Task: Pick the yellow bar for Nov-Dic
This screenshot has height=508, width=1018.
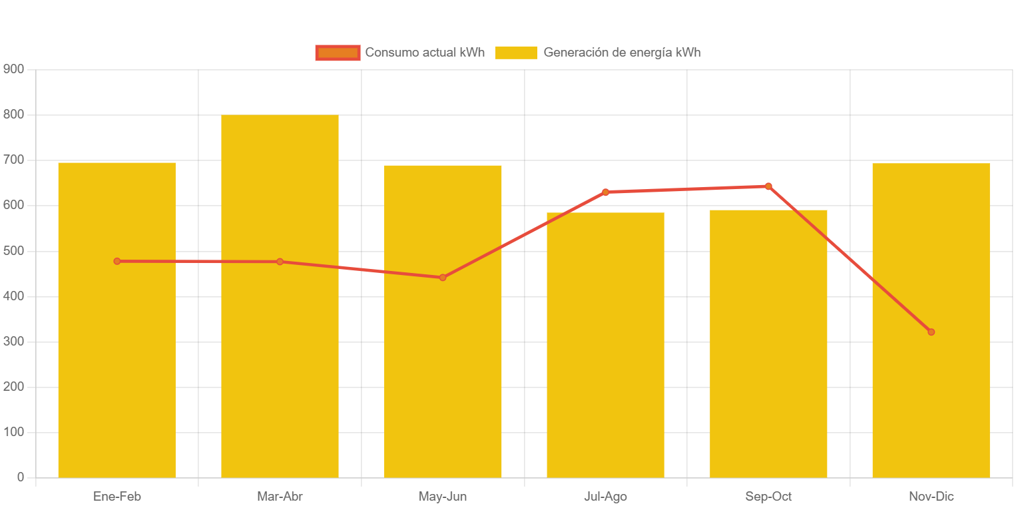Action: (x=931, y=399)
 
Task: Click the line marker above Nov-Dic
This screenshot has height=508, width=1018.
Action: (x=931, y=332)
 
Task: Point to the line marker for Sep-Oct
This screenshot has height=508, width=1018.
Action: (x=768, y=186)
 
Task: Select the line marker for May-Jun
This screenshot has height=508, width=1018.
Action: (x=443, y=277)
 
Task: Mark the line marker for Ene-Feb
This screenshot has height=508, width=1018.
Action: (x=117, y=261)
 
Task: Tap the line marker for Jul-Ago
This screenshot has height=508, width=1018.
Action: (x=605, y=192)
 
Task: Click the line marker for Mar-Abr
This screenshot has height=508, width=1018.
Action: (x=280, y=262)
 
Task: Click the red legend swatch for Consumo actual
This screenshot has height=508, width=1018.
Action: (x=338, y=53)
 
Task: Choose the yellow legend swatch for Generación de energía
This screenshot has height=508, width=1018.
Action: (x=515, y=53)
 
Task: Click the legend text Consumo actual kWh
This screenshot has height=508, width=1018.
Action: (x=425, y=53)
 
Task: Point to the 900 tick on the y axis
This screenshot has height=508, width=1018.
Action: (x=13, y=69)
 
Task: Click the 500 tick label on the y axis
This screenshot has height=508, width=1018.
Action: (x=13, y=251)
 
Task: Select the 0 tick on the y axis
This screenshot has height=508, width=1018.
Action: (x=20, y=477)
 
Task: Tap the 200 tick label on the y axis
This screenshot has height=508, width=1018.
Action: (x=13, y=387)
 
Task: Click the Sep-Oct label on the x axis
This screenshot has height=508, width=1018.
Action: (x=768, y=497)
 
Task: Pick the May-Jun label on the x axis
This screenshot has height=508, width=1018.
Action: (x=443, y=497)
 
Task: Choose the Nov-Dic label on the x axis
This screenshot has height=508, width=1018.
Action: (x=931, y=497)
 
